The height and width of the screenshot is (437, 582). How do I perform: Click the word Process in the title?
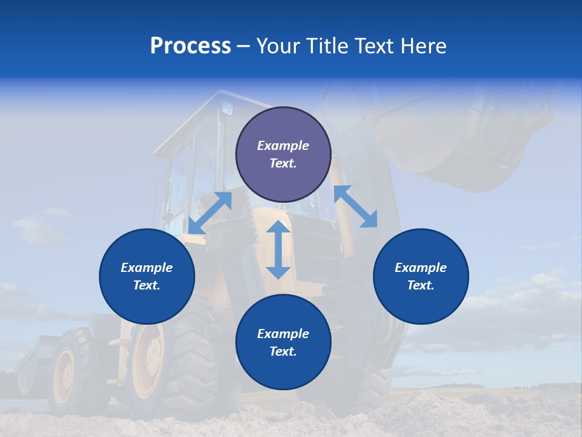[190, 46]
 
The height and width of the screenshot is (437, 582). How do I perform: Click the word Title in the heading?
[326, 46]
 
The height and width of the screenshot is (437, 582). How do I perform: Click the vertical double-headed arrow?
[278, 249]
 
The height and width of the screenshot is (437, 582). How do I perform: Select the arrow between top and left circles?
[210, 213]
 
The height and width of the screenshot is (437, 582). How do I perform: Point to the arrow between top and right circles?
[356, 206]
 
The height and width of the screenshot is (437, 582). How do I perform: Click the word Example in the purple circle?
[283, 146]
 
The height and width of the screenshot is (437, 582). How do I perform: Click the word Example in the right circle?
[421, 268]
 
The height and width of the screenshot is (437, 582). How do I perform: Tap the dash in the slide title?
[244, 47]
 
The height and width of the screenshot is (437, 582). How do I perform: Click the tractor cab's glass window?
[182, 182]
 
